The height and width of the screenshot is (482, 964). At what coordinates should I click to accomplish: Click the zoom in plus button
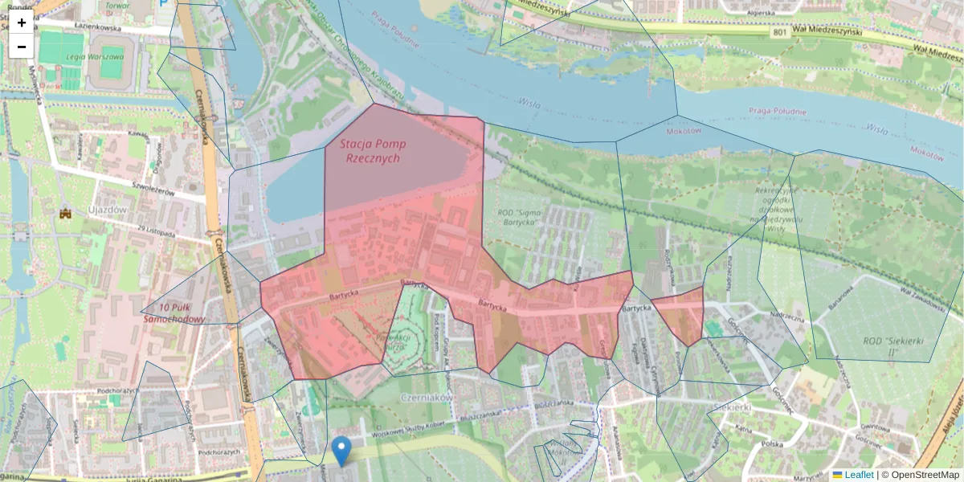click(x=22, y=22)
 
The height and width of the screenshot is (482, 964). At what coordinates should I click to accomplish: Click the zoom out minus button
click(x=22, y=47)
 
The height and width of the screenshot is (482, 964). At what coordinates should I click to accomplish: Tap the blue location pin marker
click(x=341, y=451)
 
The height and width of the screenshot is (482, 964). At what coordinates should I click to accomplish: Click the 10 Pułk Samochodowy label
click(x=174, y=313)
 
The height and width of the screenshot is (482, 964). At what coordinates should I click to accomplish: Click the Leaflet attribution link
click(x=859, y=475)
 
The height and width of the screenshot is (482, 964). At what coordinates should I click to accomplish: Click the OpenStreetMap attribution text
click(x=925, y=475)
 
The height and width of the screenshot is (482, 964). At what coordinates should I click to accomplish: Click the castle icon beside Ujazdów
click(x=66, y=214)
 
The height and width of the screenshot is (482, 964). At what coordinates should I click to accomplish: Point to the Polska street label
click(x=773, y=443)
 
